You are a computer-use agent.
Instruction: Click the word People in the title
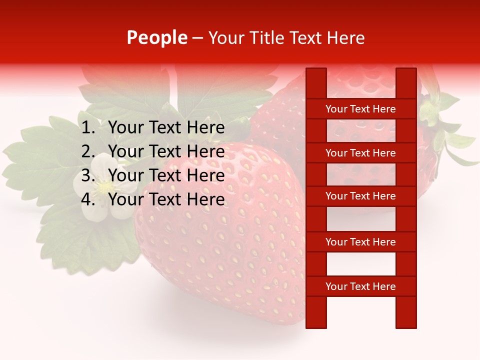(156, 38)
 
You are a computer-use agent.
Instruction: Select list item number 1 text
(166, 128)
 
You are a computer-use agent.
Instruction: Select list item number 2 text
(166, 151)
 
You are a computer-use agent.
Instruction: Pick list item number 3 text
(166, 175)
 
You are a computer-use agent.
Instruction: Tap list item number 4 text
(166, 199)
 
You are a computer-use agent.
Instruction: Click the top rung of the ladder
(360, 109)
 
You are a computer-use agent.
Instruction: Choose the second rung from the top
(360, 153)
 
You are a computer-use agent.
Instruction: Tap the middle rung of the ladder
(360, 196)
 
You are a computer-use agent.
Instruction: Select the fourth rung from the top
(360, 242)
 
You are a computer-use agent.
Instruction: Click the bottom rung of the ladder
(360, 286)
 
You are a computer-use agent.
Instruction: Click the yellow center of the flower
(104, 187)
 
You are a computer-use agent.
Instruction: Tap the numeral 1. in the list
(88, 128)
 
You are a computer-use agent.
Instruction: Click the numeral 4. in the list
(88, 199)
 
